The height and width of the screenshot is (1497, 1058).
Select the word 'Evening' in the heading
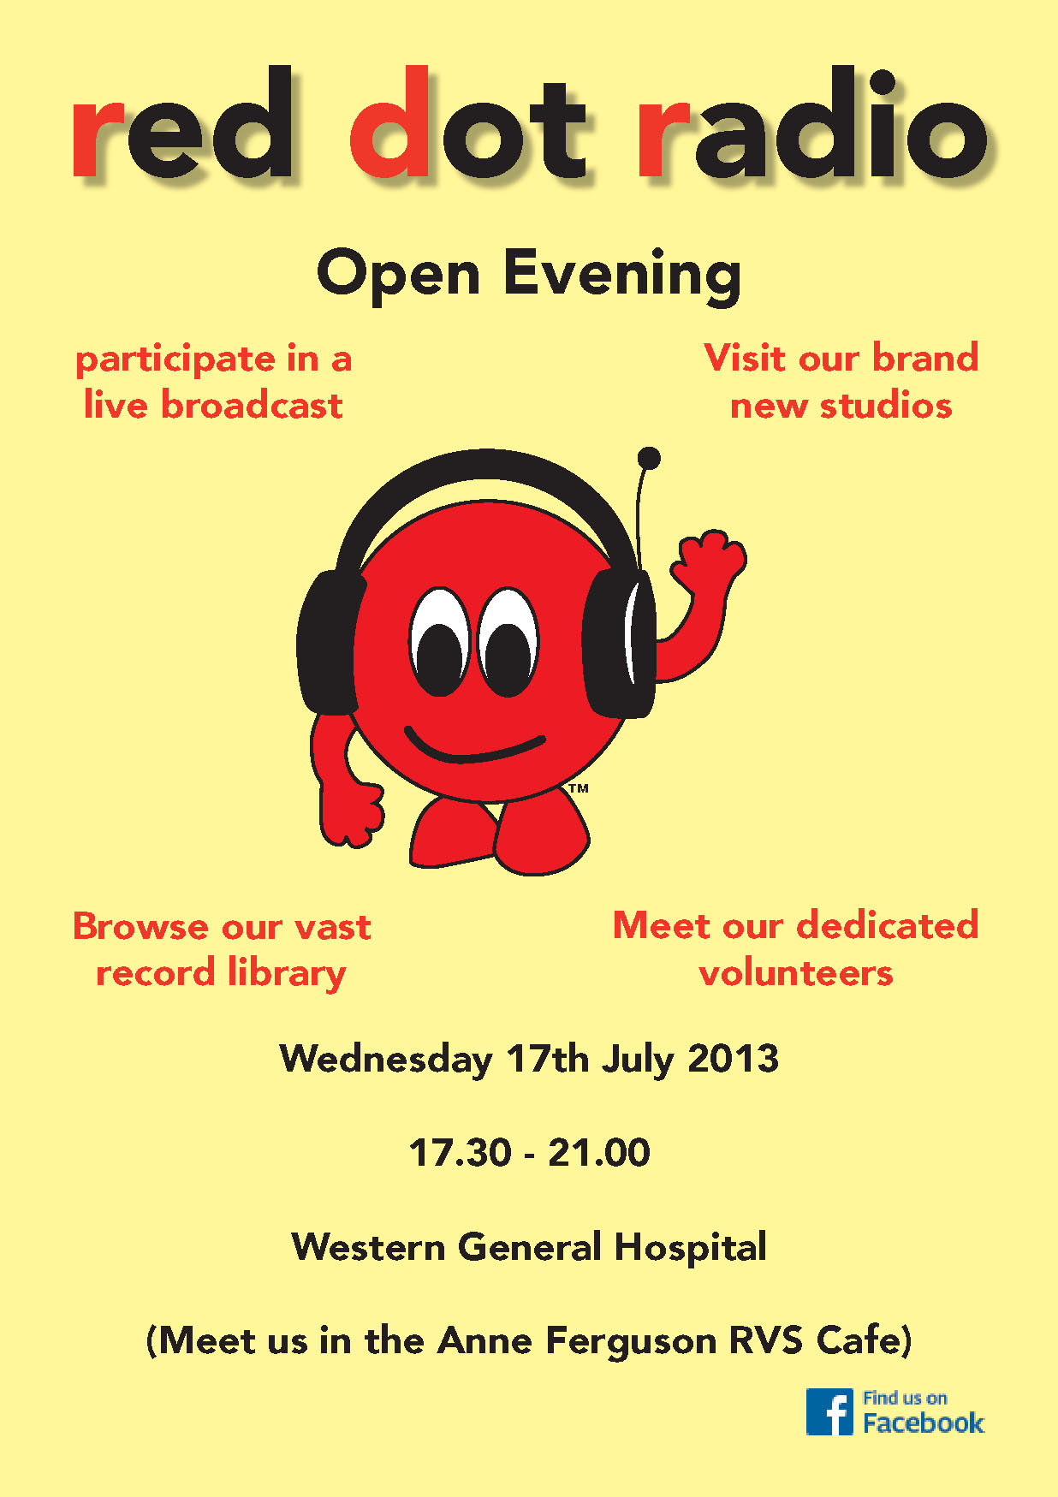(x=622, y=276)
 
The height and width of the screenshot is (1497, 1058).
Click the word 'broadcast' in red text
(x=252, y=405)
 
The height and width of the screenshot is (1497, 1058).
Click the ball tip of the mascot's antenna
(x=650, y=458)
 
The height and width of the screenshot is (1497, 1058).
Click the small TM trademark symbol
(x=579, y=788)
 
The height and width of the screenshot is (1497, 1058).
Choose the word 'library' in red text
(x=287, y=974)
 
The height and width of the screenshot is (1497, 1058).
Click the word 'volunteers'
(x=796, y=973)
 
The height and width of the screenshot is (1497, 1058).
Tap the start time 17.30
(x=461, y=1153)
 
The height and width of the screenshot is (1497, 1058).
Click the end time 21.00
(x=599, y=1153)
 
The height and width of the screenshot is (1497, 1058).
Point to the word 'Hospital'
(x=690, y=1248)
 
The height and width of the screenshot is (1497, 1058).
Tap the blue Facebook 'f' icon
(x=829, y=1411)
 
